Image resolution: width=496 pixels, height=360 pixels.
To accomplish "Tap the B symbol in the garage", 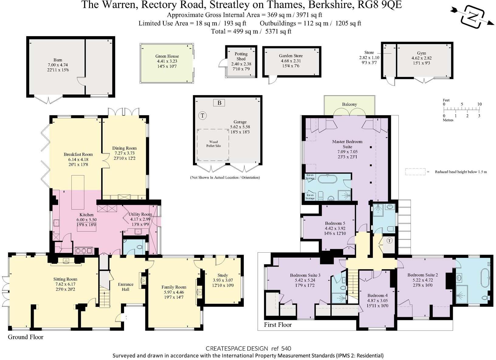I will [219, 103].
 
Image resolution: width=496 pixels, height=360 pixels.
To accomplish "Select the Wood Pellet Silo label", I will [213, 144].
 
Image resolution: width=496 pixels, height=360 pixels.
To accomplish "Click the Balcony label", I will [349, 104].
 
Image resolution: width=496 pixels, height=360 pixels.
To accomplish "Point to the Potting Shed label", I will [241, 56].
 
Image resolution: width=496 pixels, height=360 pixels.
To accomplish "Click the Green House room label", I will [167, 56].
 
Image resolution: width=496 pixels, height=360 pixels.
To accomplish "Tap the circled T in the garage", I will [202, 116].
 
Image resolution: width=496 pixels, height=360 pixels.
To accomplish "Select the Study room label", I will [222, 275].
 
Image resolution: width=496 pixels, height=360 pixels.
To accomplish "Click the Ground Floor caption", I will [26, 337].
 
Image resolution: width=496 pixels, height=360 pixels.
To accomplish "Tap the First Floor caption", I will [277, 325].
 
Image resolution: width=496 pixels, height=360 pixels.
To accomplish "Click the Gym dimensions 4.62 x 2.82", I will [421, 58].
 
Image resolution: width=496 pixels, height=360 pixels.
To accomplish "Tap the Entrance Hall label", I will [126, 287].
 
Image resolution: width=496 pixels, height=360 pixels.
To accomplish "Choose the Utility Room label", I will [140, 214].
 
